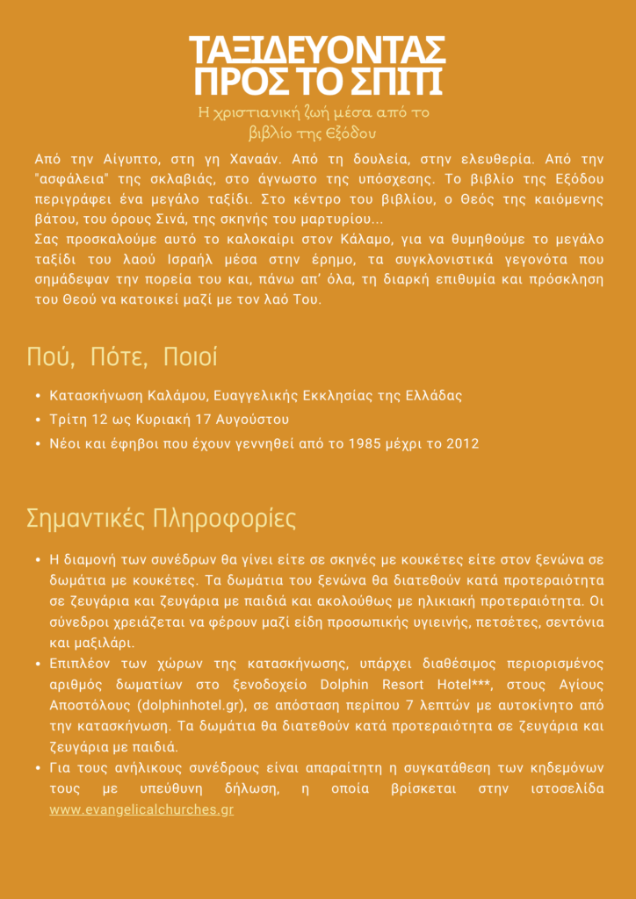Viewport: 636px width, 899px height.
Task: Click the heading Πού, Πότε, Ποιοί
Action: [122, 358]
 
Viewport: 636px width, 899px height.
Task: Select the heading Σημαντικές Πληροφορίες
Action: [161, 518]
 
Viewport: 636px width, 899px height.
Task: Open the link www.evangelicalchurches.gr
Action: [141, 809]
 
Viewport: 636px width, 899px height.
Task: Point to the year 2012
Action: [461, 443]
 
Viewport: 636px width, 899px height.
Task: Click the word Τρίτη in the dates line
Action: [68, 419]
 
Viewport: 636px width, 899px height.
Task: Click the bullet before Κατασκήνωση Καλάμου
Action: [37, 395]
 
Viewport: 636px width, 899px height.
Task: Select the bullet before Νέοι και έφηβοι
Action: [37, 443]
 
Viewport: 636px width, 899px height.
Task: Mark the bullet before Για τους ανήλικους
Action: [37, 768]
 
